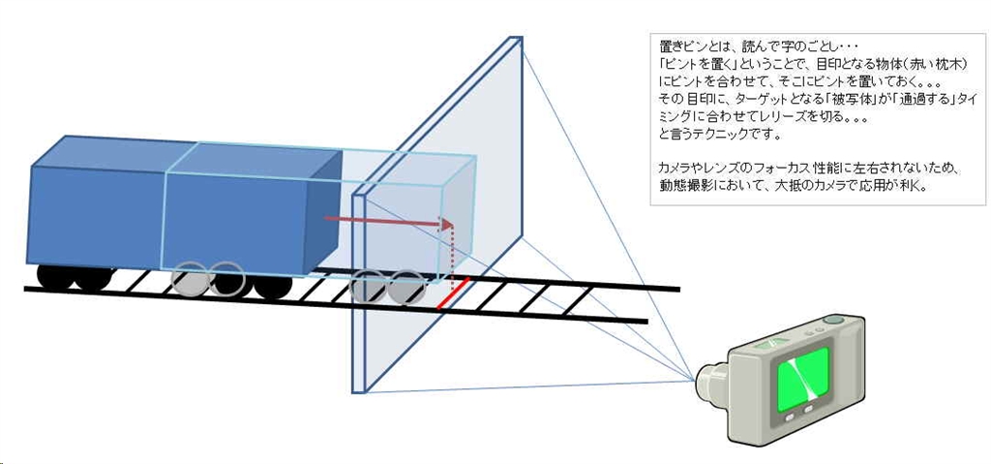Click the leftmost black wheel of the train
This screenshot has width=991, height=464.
56,277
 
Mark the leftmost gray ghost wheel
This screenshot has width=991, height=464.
190,280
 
